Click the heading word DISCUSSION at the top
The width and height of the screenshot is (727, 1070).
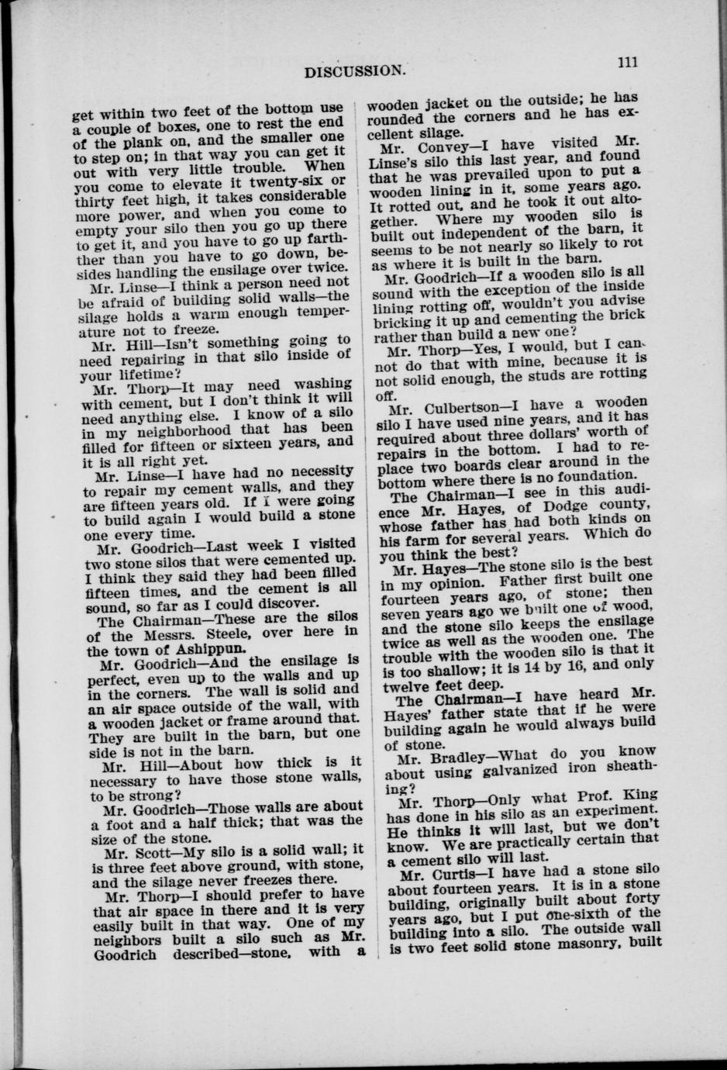[x=354, y=71]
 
